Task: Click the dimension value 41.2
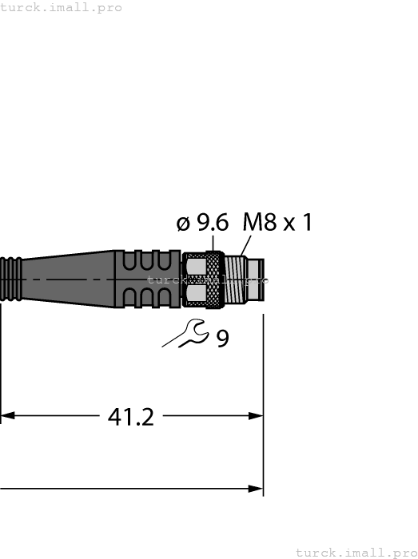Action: pyautogui.click(x=130, y=416)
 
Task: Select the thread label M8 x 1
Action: pyautogui.click(x=277, y=223)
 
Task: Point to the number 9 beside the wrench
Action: pyautogui.click(x=222, y=339)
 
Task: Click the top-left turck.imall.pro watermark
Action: pyautogui.click(x=62, y=7)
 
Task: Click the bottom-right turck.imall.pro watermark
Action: pyautogui.click(x=356, y=552)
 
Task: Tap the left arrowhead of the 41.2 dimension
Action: pyautogui.click(x=7, y=416)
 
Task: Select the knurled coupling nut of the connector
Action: pyautogui.click(x=204, y=280)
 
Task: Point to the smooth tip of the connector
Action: pyautogui.click(x=256, y=280)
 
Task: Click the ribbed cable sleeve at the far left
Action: pyautogui.click(x=10, y=279)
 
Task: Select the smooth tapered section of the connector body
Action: pyautogui.click(x=68, y=279)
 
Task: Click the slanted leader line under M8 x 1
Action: pyautogui.click(x=245, y=248)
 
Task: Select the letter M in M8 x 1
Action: pyautogui.click(x=252, y=223)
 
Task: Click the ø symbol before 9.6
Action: pyautogui.click(x=183, y=225)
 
